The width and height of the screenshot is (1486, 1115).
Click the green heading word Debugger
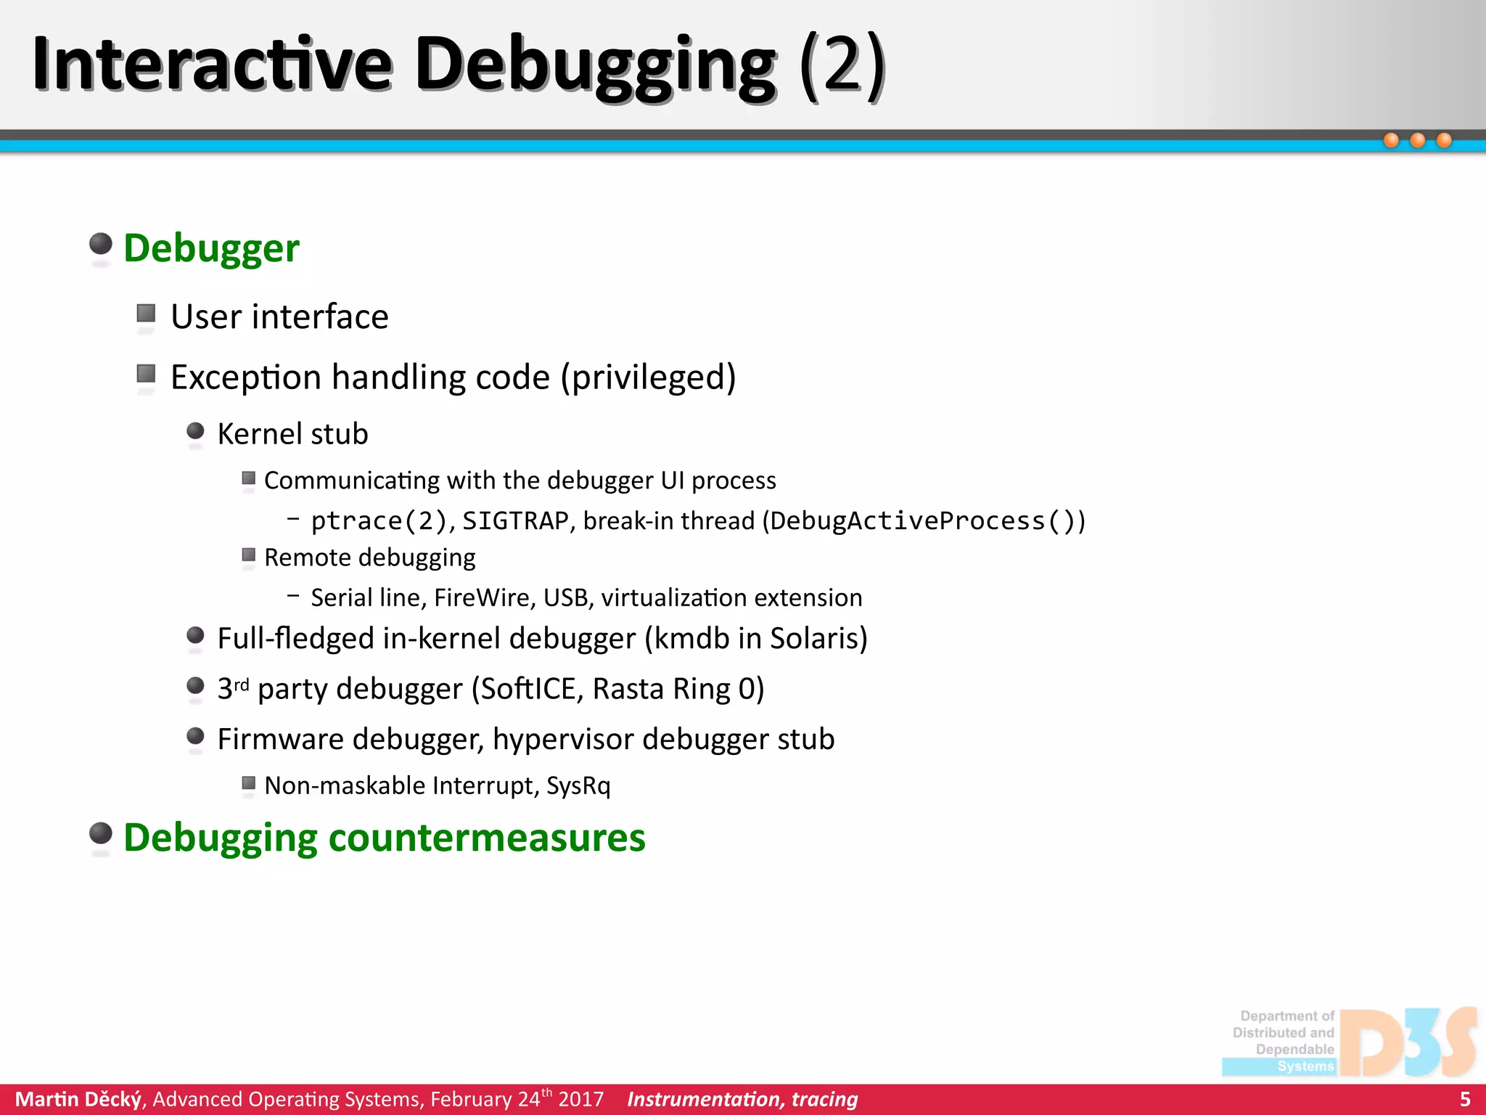pyautogui.click(x=211, y=248)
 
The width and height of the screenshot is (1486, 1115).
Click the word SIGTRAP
pyautogui.click(x=515, y=521)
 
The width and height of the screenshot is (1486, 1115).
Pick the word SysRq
pyautogui.click(x=578, y=785)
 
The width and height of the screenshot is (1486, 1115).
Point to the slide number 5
pyautogui.click(x=1465, y=1099)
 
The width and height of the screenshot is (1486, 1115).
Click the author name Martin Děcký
pyautogui.click(x=78, y=1099)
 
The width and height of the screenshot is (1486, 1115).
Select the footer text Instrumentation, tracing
pyautogui.click(x=742, y=1099)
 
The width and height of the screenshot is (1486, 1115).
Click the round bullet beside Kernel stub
pyautogui.click(x=195, y=431)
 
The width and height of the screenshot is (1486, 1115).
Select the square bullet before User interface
pyautogui.click(x=146, y=314)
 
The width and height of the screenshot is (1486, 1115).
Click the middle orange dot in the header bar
pyautogui.click(x=1418, y=140)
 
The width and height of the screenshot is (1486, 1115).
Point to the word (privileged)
pyautogui.click(x=648, y=377)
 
